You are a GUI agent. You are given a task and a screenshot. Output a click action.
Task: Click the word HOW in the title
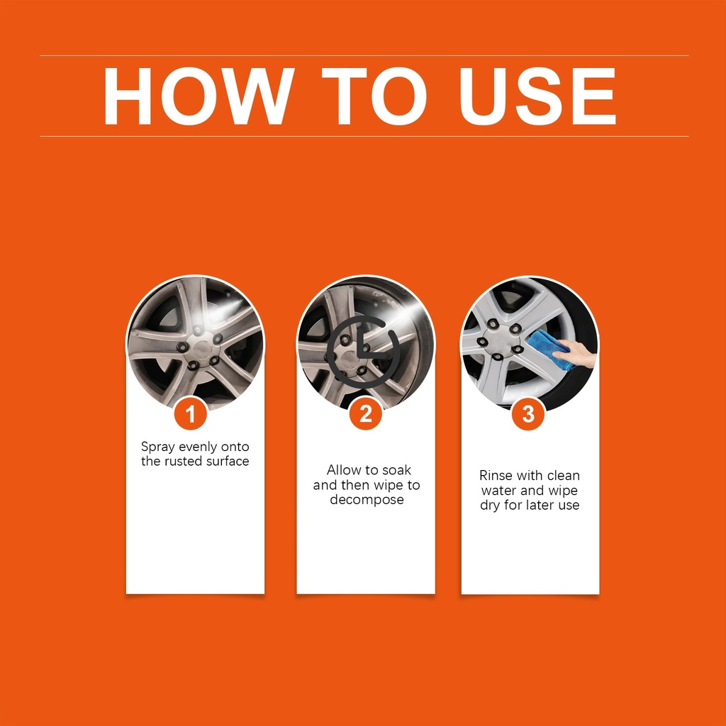click(x=199, y=96)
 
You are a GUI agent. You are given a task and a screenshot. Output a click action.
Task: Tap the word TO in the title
click(x=373, y=96)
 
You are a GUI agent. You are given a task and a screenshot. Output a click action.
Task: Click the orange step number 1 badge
click(x=190, y=413)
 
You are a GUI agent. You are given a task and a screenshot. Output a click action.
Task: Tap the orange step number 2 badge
click(x=366, y=413)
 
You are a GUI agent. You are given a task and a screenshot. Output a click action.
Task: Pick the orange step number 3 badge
click(x=528, y=413)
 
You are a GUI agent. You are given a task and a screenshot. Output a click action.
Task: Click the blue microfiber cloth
click(x=551, y=350)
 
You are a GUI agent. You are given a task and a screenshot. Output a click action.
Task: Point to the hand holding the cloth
click(x=576, y=354)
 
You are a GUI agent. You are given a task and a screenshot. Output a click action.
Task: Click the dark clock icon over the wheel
click(x=364, y=352)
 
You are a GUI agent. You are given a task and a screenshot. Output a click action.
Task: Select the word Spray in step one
click(x=158, y=448)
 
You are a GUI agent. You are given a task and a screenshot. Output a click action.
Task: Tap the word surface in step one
click(x=229, y=461)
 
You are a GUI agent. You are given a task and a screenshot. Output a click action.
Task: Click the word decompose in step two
click(x=367, y=501)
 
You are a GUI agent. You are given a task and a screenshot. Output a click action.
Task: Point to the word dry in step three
click(x=490, y=506)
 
